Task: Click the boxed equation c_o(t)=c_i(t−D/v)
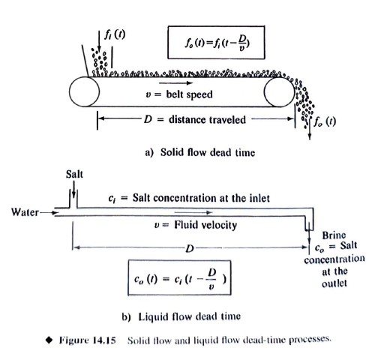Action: coord(176,280)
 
